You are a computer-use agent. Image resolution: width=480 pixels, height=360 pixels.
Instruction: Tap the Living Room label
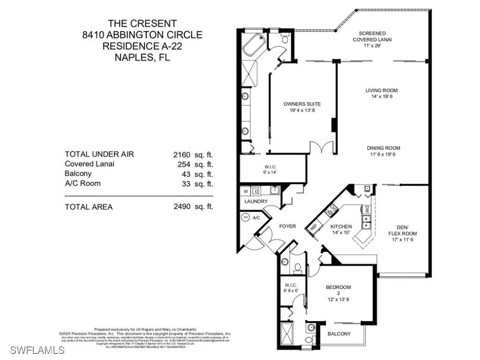[381, 90]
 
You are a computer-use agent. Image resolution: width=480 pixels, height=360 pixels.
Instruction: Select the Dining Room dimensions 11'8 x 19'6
[383, 154]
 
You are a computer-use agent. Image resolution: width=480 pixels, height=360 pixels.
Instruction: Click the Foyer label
[287, 226]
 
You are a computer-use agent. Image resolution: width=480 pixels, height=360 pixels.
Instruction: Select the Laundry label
[256, 202]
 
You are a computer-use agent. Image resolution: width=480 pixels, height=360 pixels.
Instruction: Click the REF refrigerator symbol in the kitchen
[313, 227]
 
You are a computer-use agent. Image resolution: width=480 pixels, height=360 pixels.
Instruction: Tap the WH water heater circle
[246, 217]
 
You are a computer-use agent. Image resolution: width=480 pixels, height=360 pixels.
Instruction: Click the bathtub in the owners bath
[254, 46]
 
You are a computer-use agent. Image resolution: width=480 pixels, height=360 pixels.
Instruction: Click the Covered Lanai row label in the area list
[89, 164]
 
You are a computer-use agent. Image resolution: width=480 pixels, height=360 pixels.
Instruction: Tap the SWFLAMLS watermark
[37, 350]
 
